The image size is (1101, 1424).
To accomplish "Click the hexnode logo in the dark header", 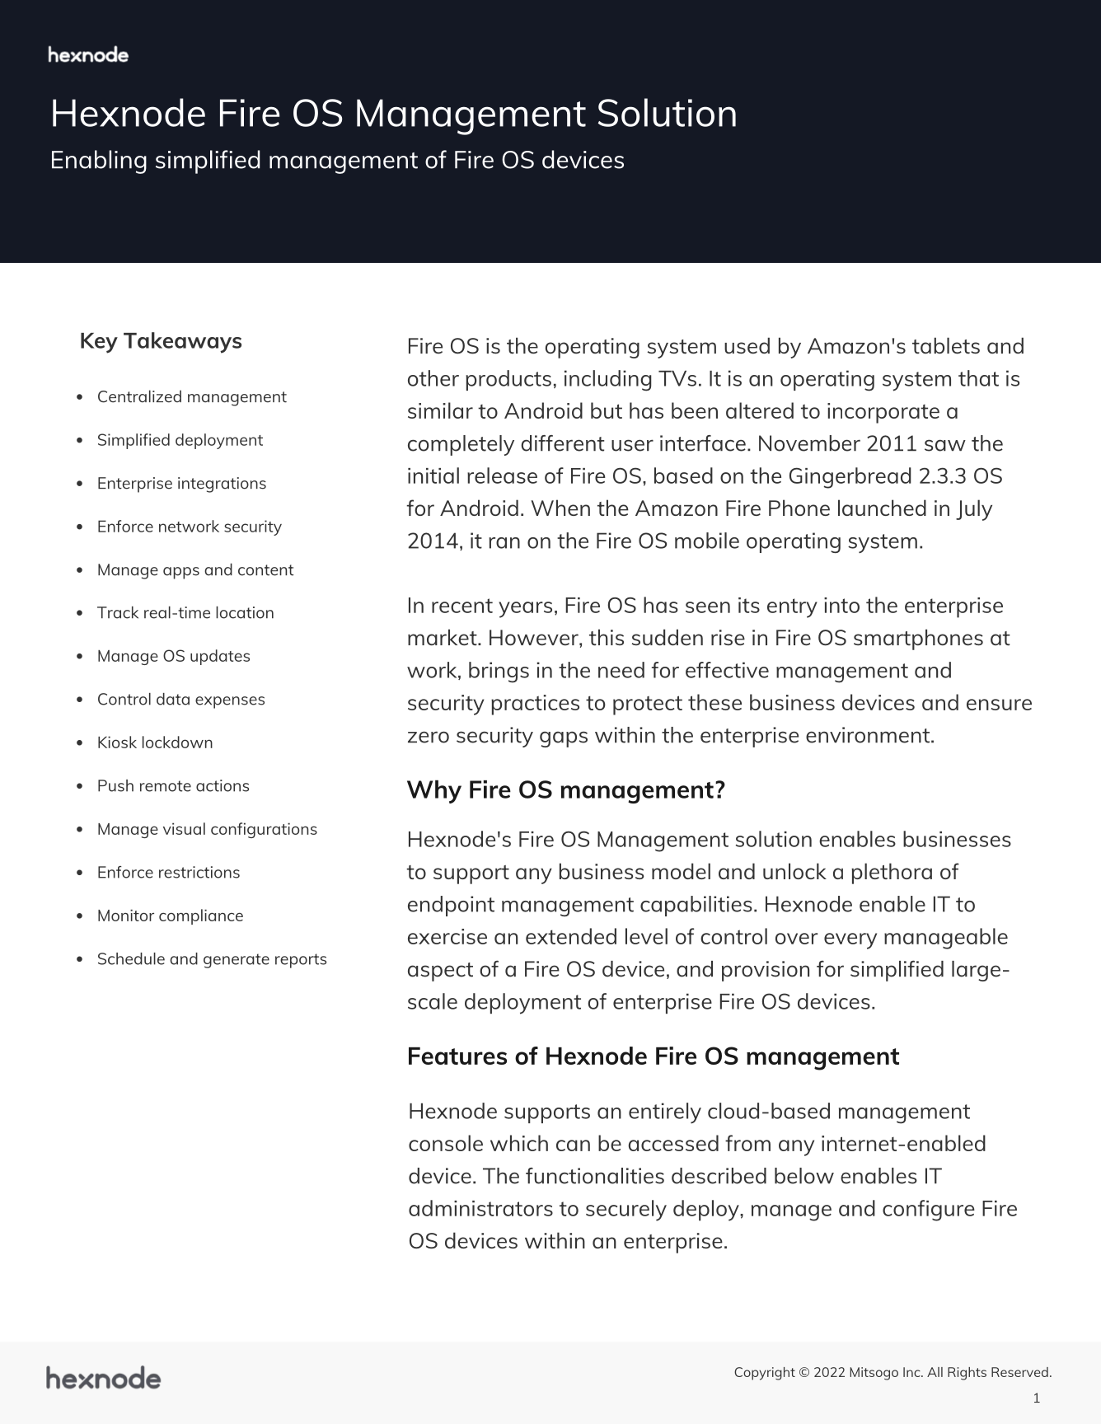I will click(88, 55).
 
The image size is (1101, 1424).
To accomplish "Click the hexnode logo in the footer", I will click(103, 1378).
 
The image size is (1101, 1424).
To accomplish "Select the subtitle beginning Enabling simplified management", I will click(337, 160).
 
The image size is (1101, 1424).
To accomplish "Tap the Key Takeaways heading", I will click(161, 341).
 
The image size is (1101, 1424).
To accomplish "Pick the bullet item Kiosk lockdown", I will click(155, 742).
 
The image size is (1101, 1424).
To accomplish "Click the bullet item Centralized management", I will click(191, 397).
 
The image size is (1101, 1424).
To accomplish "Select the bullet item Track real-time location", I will click(185, 613).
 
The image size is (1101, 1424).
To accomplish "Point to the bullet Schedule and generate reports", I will click(212, 959).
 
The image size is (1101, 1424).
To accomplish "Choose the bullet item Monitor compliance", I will click(170, 916).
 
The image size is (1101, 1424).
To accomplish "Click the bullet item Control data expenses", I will click(180, 700).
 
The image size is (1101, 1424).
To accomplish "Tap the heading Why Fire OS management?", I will click(565, 790).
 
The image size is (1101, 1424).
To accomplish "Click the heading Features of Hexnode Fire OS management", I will click(653, 1056).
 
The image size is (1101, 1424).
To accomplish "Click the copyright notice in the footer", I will click(893, 1372).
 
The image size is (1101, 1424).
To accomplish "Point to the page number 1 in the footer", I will click(1036, 1398).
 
